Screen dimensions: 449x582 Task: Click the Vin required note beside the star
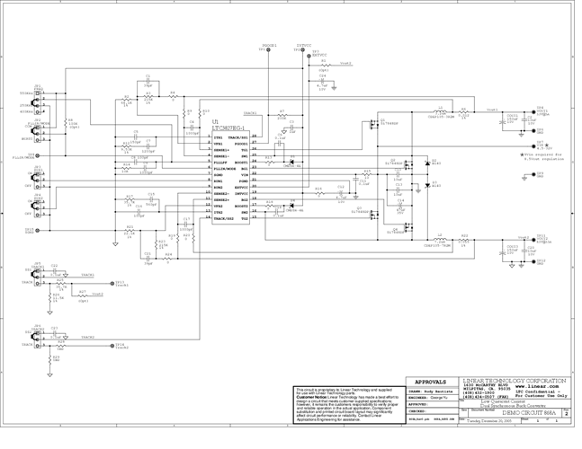coord(545,156)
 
